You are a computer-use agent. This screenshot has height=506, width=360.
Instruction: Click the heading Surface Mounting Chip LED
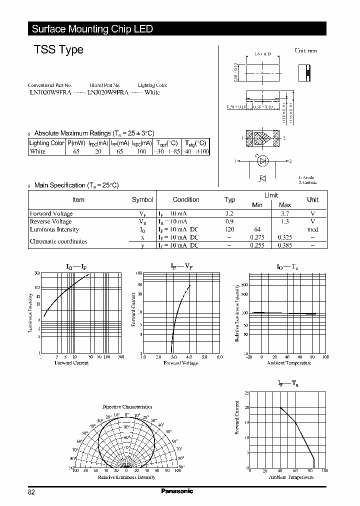pyautogui.click(x=92, y=29)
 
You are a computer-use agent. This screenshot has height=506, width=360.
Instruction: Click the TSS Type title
pyautogui.click(x=58, y=50)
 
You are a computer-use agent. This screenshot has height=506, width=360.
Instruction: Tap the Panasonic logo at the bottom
pyautogui.click(x=177, y=491)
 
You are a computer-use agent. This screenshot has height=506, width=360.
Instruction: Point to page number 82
pyautogui.click(x=31, y=492)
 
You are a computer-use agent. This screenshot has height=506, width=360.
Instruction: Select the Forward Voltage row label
pyautogui.click(x=51, y=213)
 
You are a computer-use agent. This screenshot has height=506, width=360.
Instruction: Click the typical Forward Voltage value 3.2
pyautogui.click(x=229, y=213)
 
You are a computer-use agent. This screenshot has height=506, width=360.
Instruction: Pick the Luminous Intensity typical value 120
pyautogui.click(x=229, y=229)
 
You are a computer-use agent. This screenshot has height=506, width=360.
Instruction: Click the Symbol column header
pyautogui.click(x=142, y=199)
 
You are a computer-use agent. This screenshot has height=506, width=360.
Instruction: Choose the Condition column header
pyautogui.click(x=186, y=199)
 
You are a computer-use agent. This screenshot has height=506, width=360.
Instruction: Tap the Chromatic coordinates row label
pyautogui.click(x=58, y=241)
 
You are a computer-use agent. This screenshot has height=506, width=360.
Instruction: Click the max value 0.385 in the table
pyautogui.click(x=284, y=245)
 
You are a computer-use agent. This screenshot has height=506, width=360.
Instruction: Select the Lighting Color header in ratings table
pyautogui.click(x=47, y=143)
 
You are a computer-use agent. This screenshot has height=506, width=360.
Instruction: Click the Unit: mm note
pyautogui.click(x=305, y=51)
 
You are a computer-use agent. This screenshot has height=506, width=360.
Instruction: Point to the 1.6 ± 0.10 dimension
pyautogui.click(x=262, y=53)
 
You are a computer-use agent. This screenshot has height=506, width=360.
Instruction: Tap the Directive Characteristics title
pyautogui.click(x=127, y=406)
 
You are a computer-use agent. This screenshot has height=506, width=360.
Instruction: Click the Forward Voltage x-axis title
pyautogui.click(x=180, y=362)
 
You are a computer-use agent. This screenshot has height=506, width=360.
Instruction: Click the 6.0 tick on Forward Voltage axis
pyautogui.click(x=219, y=357)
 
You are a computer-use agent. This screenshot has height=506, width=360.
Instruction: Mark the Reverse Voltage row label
pyautogui.click(x=50, y=221)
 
